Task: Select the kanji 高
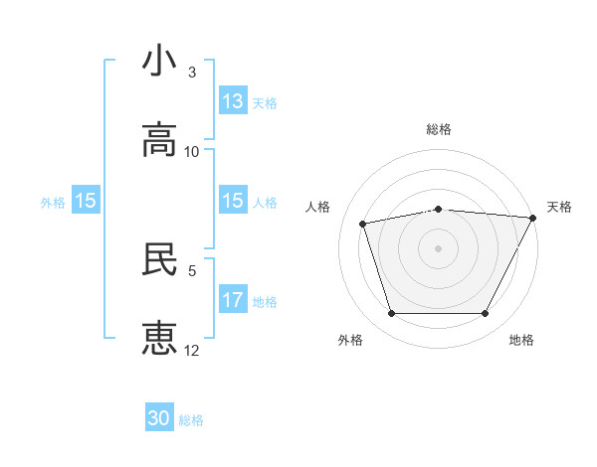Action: click(159, 140)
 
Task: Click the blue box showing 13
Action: click(233, 101)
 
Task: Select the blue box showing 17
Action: click(233, 300)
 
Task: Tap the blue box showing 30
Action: click(159, 418)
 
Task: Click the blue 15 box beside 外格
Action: click(86, 201)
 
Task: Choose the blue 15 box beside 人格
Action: click(233, 201)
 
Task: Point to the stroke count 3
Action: click(192, 73)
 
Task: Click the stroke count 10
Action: click(192, 152)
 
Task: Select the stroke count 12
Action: click(192, 351)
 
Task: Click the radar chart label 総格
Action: click(439, 129)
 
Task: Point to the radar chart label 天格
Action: click(559, 207)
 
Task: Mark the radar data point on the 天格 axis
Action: click(534, 218)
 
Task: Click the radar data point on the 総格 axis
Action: click(439, 209)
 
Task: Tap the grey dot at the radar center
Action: click(439, 248)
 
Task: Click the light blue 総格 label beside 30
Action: click(191, 420)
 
